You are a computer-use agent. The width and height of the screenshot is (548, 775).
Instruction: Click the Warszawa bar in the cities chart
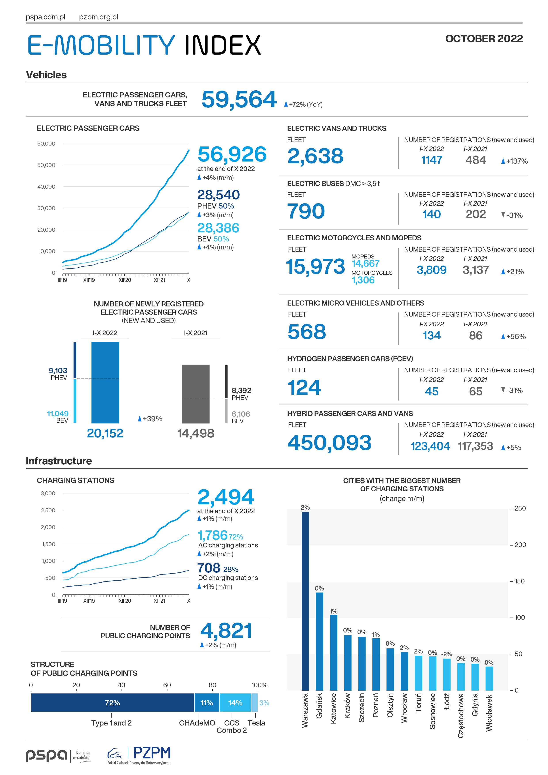[305, 601]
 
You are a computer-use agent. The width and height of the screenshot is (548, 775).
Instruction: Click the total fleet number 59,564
[239, 100]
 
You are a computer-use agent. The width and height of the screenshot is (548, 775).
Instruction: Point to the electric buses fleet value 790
[306, 211]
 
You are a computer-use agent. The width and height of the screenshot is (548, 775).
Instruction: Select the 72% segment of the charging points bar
[112, 703]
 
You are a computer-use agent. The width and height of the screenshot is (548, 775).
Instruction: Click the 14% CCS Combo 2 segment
[235, 703]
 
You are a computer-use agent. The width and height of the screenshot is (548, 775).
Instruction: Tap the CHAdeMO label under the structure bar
[197, 723]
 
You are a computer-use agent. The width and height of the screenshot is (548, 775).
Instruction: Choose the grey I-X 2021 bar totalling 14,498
[196, 394]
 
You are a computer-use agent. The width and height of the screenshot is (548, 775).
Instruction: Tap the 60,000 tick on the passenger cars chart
[46, 143]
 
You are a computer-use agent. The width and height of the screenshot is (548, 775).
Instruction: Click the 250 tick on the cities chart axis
[520, 508]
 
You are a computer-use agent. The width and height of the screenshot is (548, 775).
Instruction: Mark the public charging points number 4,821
[226, 631]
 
